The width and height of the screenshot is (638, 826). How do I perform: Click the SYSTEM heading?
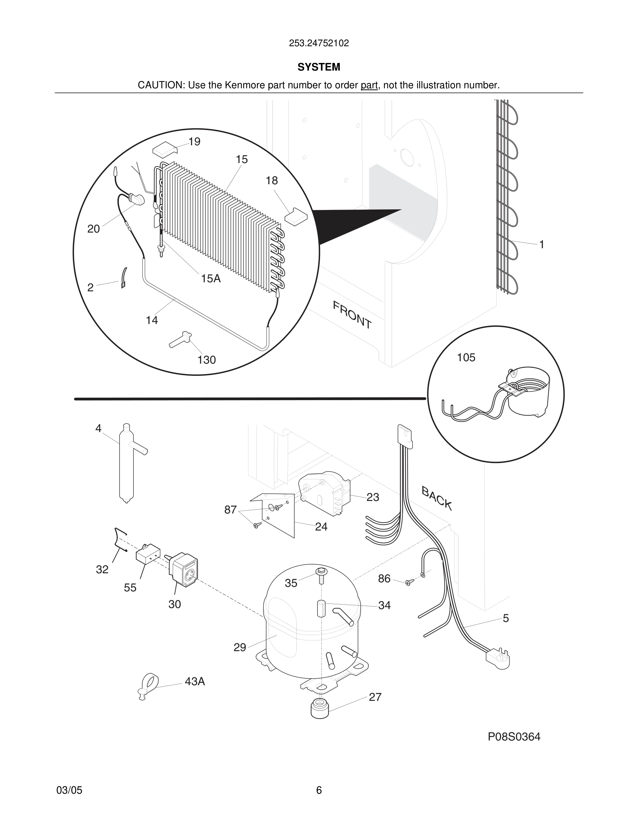point(319,67)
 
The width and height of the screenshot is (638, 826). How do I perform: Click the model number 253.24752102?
point(319,43)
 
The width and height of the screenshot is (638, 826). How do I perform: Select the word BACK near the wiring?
point(436,498)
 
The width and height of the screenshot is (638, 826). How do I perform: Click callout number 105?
point(466,357)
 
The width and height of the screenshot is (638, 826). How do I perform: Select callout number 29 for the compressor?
point(240,648)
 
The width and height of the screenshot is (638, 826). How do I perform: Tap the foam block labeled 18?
point(296,217)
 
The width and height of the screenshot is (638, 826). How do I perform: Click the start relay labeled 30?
point(184,569)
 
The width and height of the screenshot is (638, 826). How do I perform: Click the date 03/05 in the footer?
point(69,790)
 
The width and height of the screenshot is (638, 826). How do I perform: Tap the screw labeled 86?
point(408,583)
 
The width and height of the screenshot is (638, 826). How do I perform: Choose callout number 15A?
point(211,279)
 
